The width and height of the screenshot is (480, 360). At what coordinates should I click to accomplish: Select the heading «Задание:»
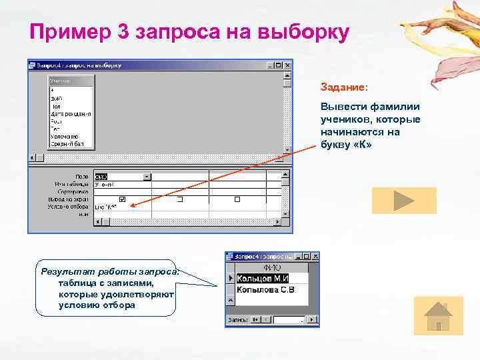click(x=343, y=87)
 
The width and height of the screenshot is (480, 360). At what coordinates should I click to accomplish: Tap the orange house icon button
click(x=438, y=315)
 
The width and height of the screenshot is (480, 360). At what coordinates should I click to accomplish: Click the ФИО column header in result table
click(x=272, y=267)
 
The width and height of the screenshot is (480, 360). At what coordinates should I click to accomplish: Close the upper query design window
click(x=287, y=65)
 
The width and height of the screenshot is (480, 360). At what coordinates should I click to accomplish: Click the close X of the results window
click(x=314, y=257)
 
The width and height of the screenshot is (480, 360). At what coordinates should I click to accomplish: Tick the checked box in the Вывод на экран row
click(x=122, y=199)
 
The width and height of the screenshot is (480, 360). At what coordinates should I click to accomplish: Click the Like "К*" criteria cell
click(x=109, y=207)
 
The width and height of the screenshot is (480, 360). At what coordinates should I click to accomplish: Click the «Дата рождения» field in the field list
click(x=70, y=114)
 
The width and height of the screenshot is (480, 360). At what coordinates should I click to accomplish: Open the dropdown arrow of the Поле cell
click(x=147, y=177)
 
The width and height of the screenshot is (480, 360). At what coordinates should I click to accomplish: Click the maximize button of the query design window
click(x=279, y=65)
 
